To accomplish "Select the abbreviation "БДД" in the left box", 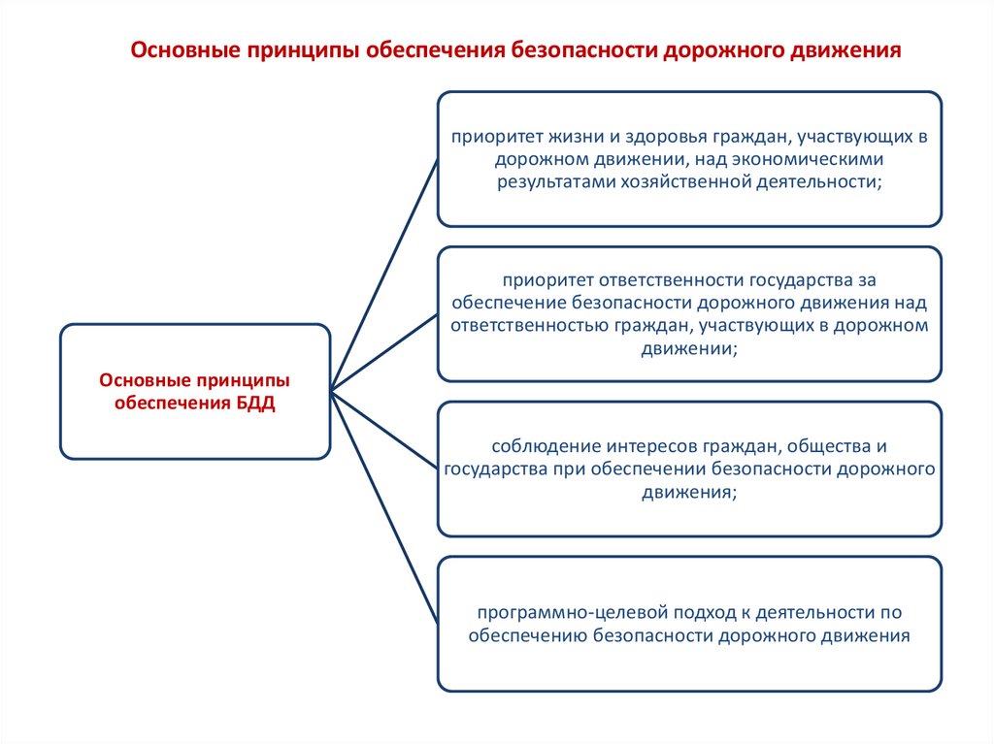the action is click(x=256, y=404).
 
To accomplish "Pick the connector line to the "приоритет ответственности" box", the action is click(x=383, y=352).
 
